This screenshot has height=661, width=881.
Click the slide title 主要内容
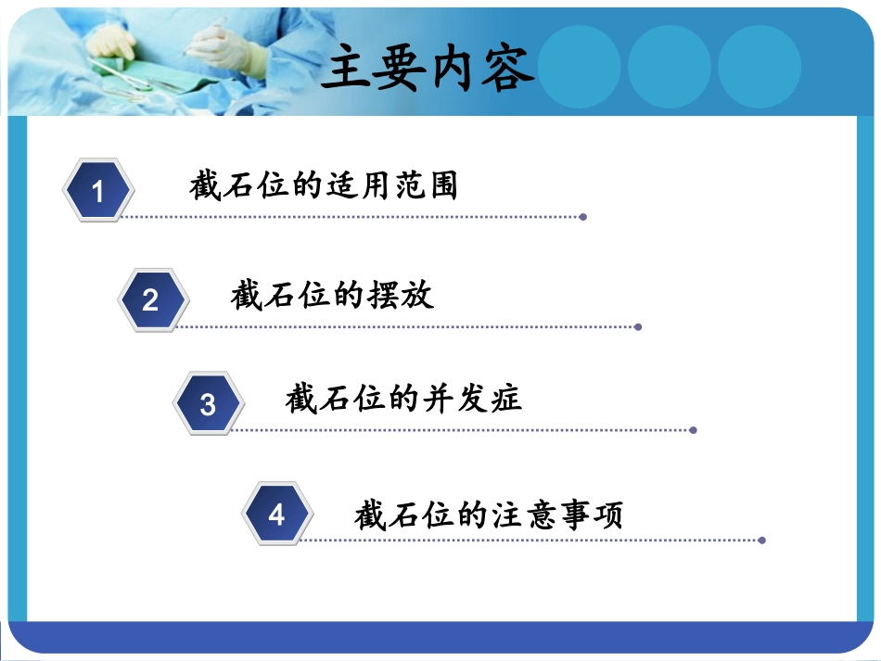coord(428,69)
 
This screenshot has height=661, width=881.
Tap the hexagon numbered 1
coord(98,191)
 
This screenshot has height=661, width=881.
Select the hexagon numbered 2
coord(152,299)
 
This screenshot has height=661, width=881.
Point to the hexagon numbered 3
coord(209,404)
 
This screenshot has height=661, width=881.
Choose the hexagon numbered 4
coord(276,514)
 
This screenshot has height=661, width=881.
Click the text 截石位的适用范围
coord(324,185)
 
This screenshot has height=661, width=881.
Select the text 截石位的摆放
coord(332,295)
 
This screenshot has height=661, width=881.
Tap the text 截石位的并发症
coord(404,399)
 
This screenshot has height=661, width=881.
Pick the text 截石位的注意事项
coord(489,514)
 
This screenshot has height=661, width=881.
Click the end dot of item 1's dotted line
coord(583,217)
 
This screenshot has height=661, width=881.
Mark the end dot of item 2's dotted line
coord(638,326)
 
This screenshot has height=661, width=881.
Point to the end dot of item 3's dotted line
coord(694,430)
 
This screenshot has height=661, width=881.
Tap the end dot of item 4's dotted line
coord(762,540)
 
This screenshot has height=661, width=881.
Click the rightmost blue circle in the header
coord(759,65)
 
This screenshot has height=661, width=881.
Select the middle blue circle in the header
coord(669,65)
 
